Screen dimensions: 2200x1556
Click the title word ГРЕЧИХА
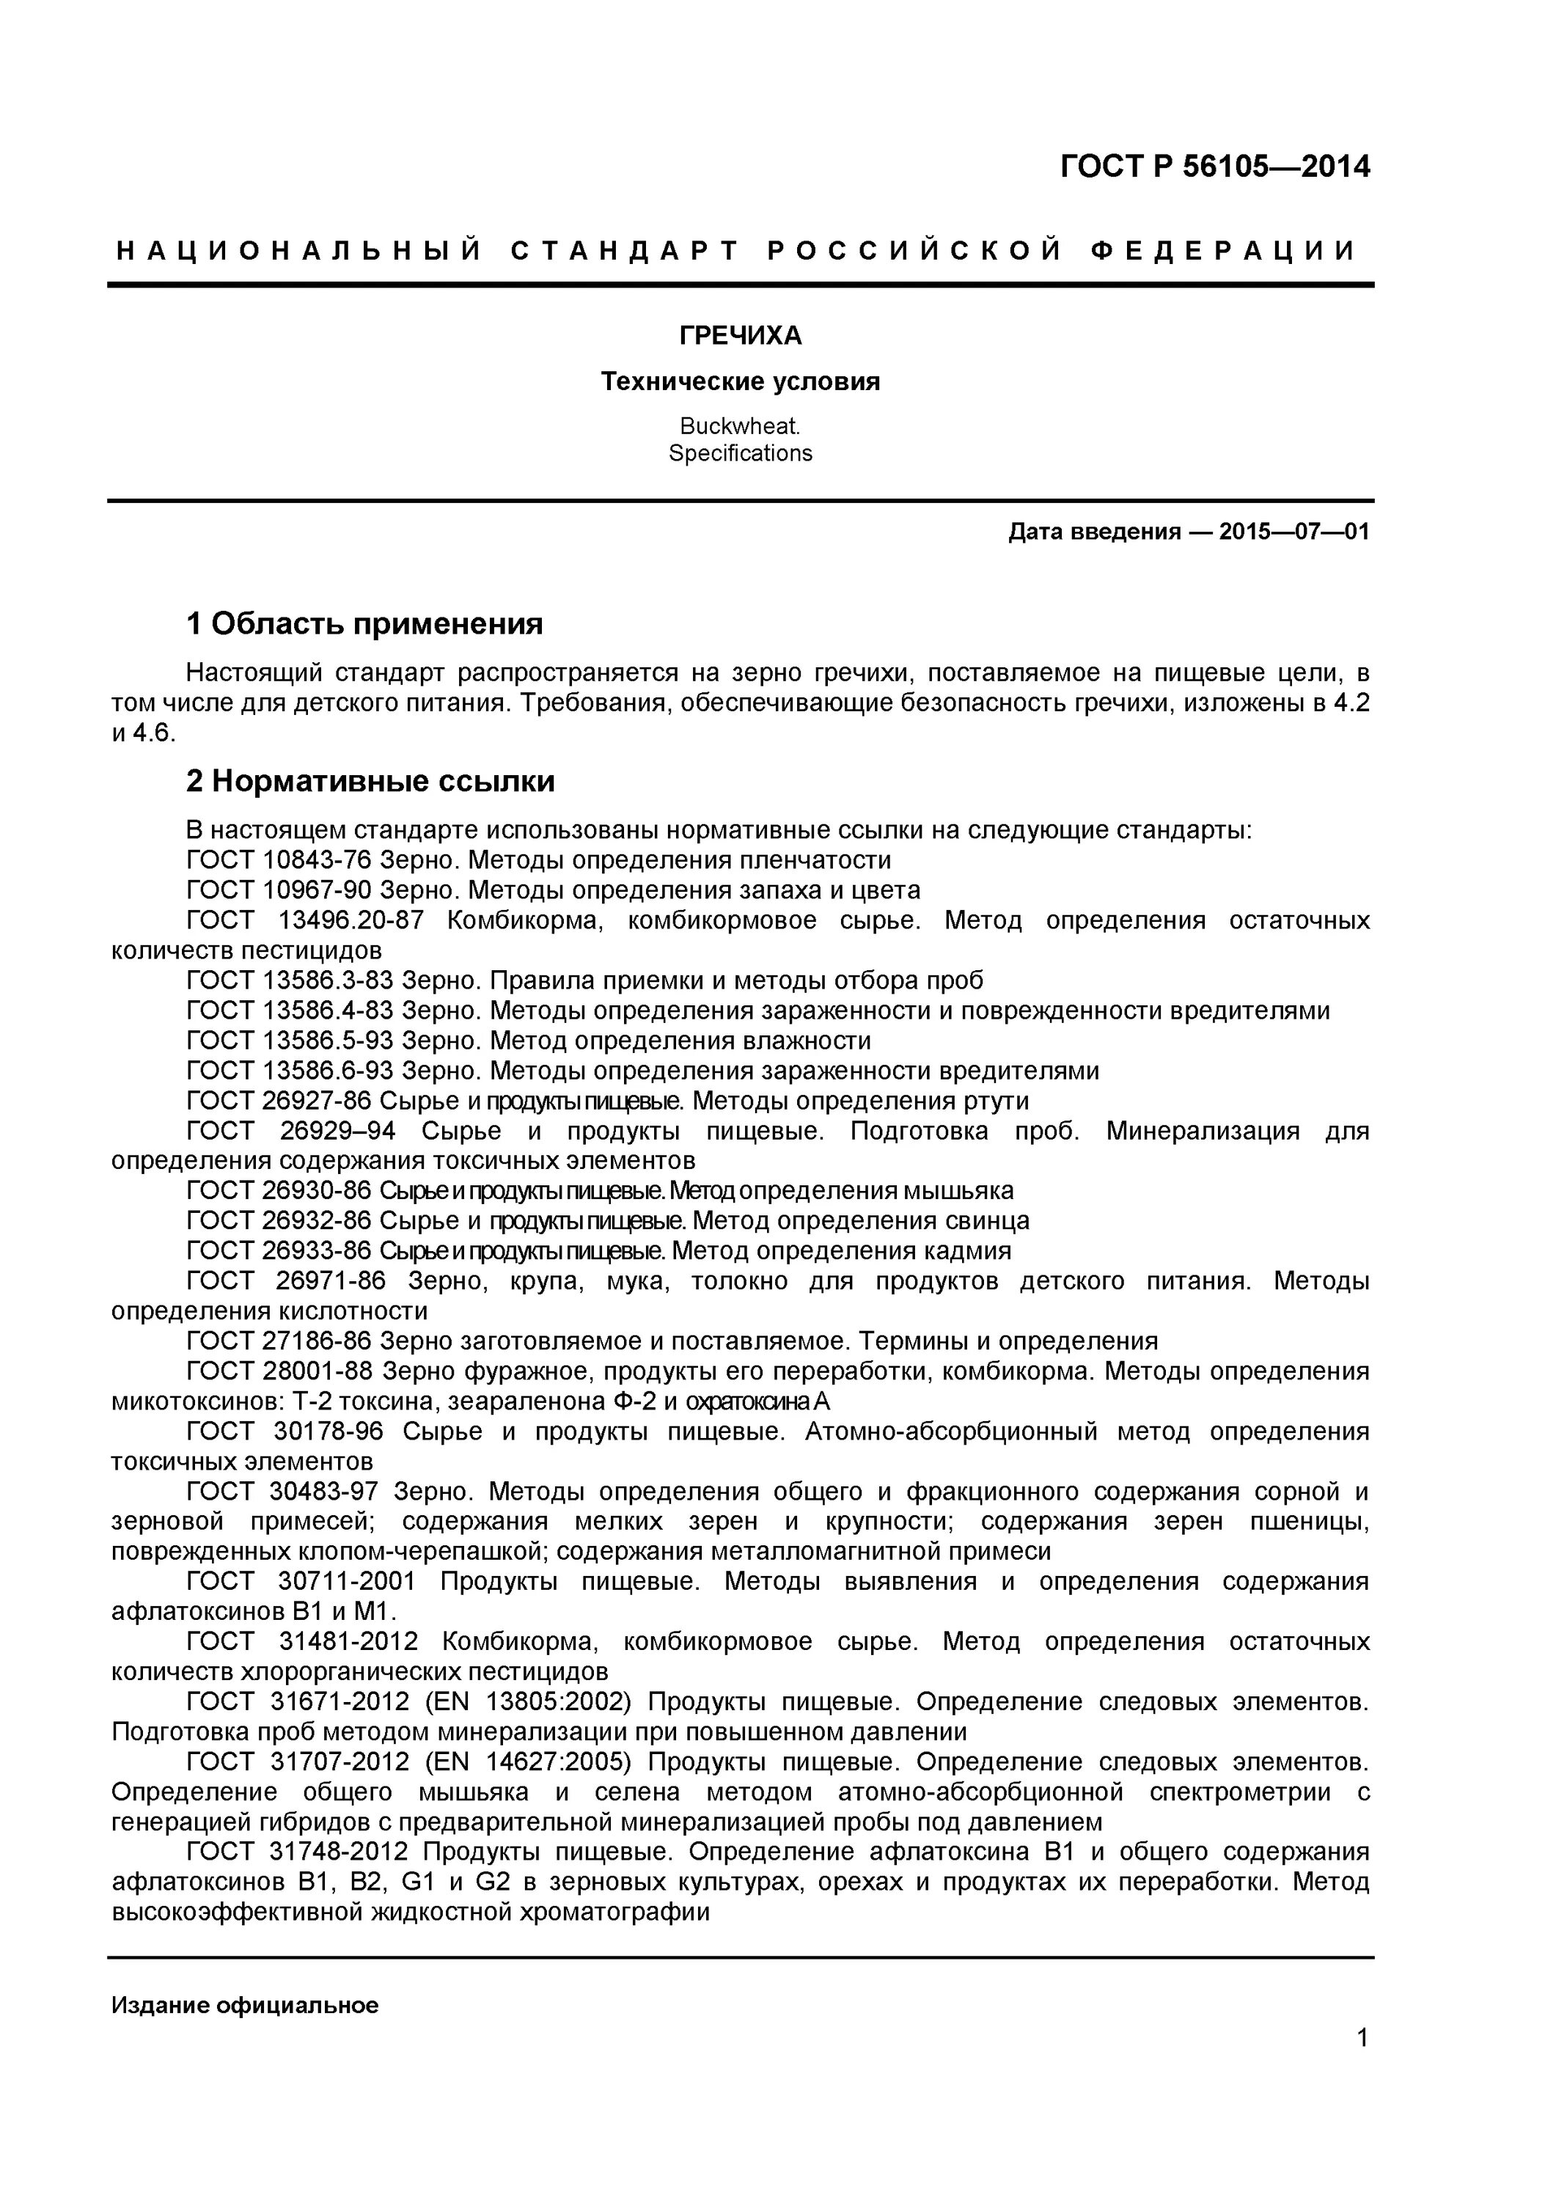[x=740, y=335]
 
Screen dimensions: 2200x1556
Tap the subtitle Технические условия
[x=740, y=381]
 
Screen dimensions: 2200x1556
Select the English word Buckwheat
[x=740, y=425]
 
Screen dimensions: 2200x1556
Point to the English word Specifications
[x=740, y=453]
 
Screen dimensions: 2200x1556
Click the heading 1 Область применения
[x=364, y=624]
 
